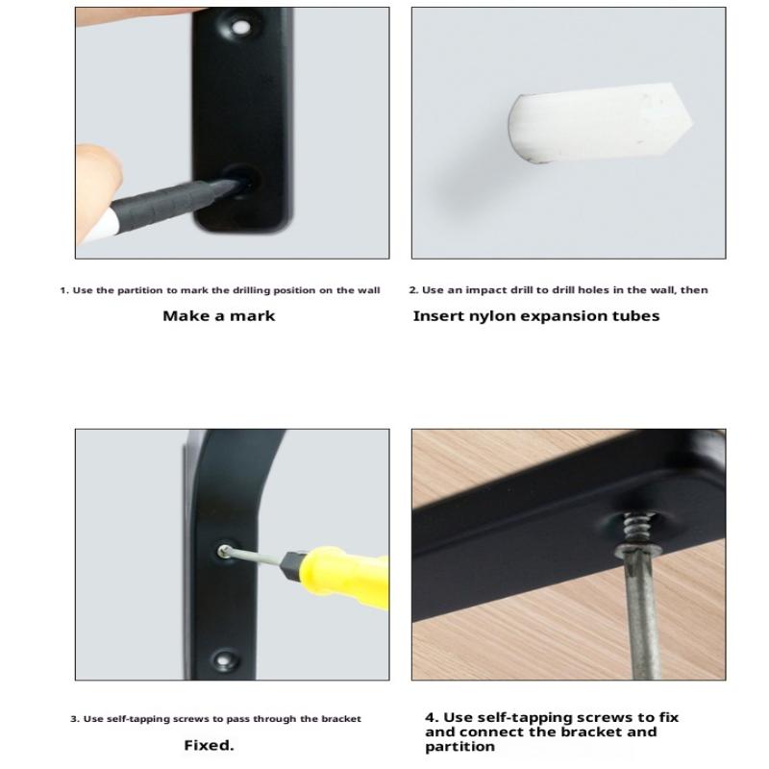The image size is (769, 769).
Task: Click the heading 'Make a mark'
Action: [x=219, y=316]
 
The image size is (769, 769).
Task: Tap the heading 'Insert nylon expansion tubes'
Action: [x=536, y=316]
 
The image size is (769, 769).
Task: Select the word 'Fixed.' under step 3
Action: [x=209, y=746]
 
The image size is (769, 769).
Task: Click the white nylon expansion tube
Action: [x=600, y=123]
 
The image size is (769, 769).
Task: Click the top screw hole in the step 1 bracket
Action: [x=239, y=27]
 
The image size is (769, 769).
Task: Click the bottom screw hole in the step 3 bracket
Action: [x=224, y=660]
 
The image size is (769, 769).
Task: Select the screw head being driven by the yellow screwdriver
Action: [x=225, y=550]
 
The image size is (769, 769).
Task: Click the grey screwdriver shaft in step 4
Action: [x=641, y=613]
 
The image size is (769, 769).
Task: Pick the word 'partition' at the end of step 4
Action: [x=460, y=747]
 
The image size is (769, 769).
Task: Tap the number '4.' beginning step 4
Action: [x=432, y=717]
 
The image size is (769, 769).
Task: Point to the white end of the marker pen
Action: [x=97, y=227]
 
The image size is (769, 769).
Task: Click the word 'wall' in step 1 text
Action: [x=368, y=290]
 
